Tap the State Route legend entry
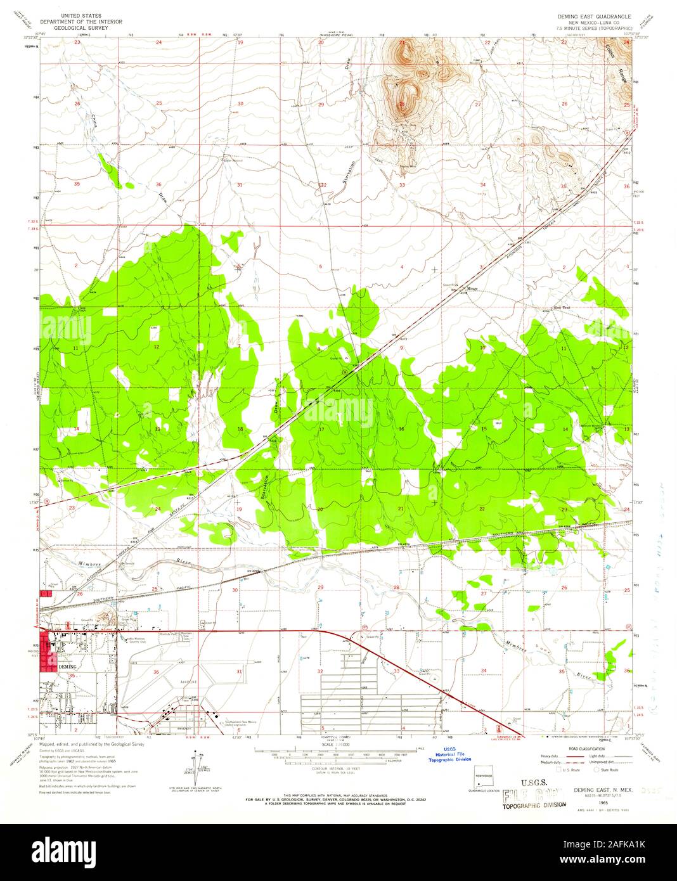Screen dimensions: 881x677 tap(607, 770)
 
